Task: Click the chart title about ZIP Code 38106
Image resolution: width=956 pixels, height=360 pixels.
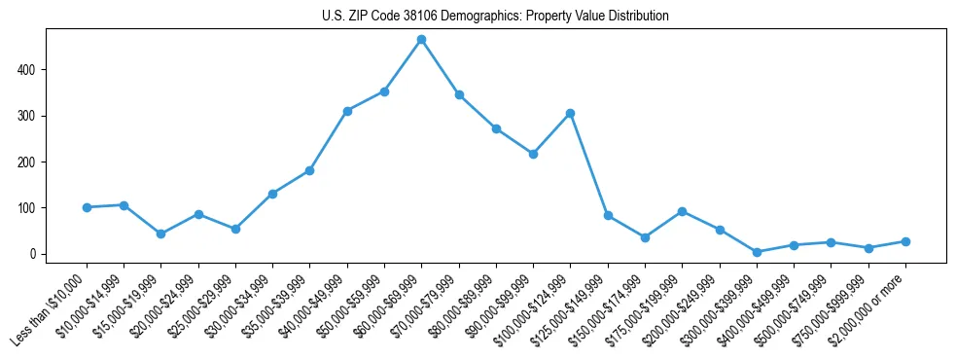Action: pos(495,17)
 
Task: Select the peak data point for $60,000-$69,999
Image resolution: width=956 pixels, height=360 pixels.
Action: pos(421,40)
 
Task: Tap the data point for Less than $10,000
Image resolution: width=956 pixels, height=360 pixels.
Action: pos(87,207)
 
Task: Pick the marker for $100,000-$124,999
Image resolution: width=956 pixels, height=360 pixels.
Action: pos(570,114)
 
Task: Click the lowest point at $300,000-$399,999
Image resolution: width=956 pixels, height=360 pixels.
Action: pos(757,252)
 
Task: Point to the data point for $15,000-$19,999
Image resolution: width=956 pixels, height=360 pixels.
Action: pos(161,234)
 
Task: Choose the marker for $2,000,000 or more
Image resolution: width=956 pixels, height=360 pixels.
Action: pos(905,241)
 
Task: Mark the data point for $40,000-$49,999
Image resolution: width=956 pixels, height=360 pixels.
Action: pos(347,111)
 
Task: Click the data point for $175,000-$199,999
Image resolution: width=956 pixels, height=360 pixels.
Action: pos(683,211)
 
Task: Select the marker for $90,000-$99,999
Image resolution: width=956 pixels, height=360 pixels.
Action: pos(533,154)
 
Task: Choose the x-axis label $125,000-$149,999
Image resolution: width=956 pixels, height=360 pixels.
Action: pos(577,306)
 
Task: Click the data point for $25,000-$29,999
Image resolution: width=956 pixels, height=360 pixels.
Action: pos(235,229)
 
